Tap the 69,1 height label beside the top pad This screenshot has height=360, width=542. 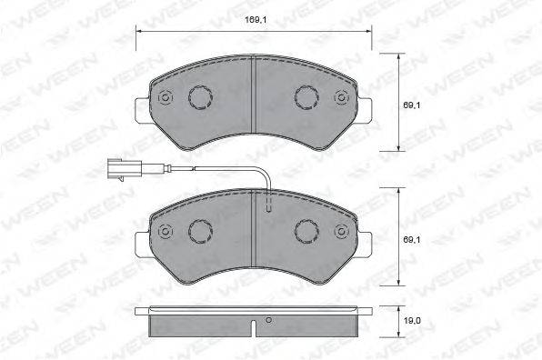(411, 105)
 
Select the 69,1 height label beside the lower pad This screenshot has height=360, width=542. (411, 239)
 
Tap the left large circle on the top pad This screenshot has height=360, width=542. (200, 98)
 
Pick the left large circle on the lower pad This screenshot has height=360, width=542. (200, 233)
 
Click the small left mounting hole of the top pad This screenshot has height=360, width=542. (165, 99)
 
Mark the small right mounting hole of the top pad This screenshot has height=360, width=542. (342, 99)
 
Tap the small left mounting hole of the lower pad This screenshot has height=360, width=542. (165, 234)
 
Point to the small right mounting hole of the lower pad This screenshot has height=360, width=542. (342, 234)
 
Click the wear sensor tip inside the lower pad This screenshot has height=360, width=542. (270, 209)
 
